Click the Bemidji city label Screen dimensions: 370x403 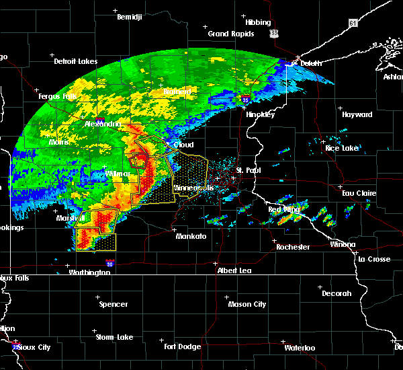(x=130, y=16)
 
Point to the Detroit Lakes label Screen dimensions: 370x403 (x=75, y=61)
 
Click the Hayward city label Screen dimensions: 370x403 (x=357, y=114)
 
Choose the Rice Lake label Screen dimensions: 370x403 (x=341, y=147)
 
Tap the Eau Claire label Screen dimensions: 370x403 (x=357, y=193)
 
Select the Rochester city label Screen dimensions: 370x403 (x=293, y=247)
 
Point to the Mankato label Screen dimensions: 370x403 (x=191, y=237)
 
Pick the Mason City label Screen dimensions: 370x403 (x=248, y=304)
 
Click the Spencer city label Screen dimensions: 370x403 (x=114, y=304)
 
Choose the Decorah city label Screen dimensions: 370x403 (x=336, y=293)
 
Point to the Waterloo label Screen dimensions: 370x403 (x=300, y=348)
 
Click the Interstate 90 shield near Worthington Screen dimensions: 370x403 (x=109, y=264)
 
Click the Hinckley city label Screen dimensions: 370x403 (x=261, y=114)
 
